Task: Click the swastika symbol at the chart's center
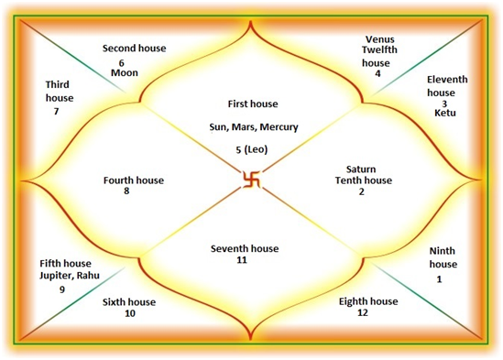(251, 180)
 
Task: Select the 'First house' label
(252, 104)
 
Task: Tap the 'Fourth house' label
(134, 180)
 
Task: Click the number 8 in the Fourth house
(133, 192)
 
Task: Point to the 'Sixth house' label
(128, 301)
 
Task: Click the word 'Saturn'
(363, 169)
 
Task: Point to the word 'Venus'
(379, 39)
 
